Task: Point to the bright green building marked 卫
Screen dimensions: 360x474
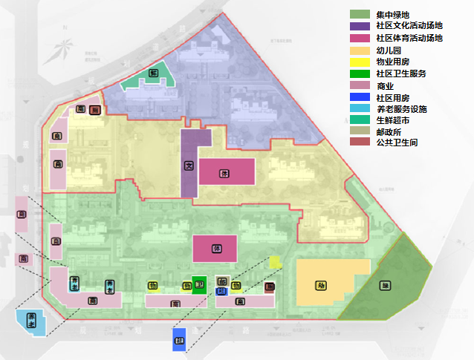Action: pos(198,285)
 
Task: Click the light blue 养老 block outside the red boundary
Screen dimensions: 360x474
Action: pos(32,321)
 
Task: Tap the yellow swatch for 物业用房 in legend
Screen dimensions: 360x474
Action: pos(359,62)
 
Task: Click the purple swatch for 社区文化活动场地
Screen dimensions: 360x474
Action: pos(359,26)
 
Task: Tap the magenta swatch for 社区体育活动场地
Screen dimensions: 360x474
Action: pos(359,38)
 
